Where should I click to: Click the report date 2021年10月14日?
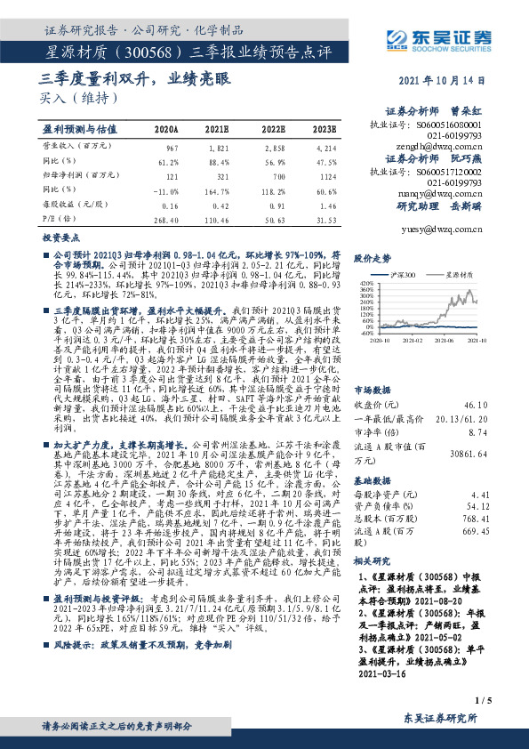click(443, 80)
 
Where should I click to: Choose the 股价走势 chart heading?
click(373, 258)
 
